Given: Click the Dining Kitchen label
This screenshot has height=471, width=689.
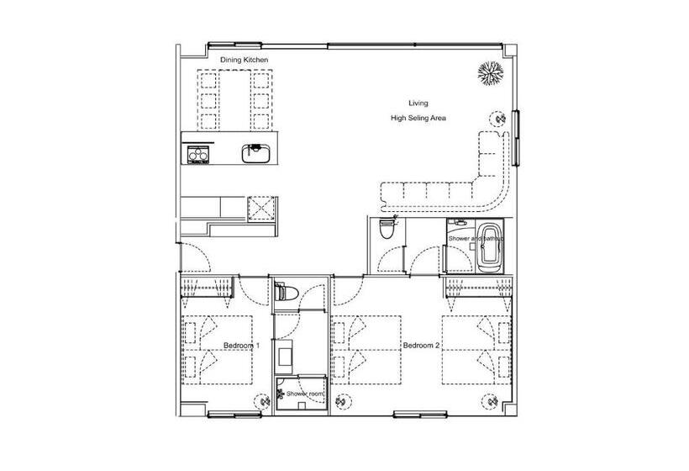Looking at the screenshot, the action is click(x=244, y=60).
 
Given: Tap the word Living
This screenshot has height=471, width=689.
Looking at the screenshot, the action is click(x=418, y=103).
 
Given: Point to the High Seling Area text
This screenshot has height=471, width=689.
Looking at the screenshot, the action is click(x=418, y=118).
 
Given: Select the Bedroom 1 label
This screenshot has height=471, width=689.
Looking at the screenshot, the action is click(x=241, y=346).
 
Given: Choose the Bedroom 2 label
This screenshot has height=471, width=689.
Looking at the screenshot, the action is click(x=421, y=346).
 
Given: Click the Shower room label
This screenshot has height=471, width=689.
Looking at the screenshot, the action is click(x=305, y=394).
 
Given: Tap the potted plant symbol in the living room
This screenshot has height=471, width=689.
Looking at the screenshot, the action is click(x=491, y=73).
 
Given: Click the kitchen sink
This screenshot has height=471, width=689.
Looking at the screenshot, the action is click(x=256, y=153).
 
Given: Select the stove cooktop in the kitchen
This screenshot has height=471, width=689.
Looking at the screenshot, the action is click(x=197, y=155).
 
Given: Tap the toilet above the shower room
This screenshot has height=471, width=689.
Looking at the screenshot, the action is click(x=287, y=292).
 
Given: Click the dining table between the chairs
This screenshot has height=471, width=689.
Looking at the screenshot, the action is click(x=234, y=100).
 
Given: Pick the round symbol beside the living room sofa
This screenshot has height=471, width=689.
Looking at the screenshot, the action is click(x=498, y=119).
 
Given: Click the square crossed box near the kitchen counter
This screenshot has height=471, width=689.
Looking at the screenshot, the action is click(x=261, y=208).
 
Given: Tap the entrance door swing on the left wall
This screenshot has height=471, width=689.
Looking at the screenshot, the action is click(x=196, y=257).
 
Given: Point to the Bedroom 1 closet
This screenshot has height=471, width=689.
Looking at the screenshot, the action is click(x=207, y=286).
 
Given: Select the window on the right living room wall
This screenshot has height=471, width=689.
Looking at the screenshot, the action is click(x=516, y=138).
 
